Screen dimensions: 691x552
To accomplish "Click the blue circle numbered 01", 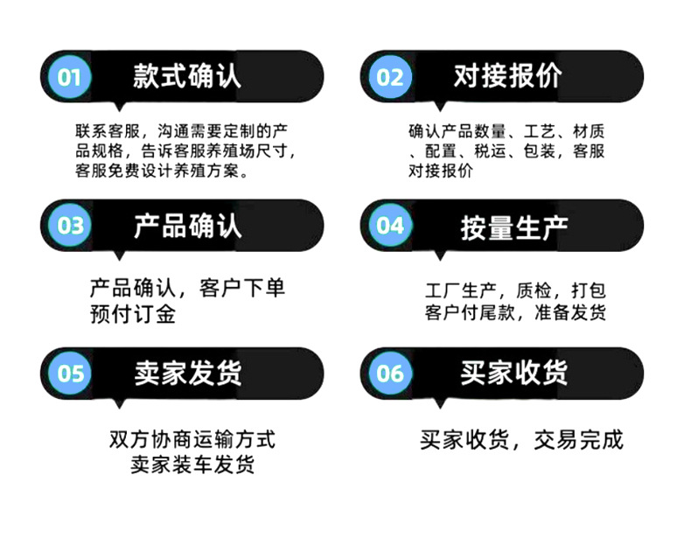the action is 70,77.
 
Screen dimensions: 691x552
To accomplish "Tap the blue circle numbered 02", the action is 390,77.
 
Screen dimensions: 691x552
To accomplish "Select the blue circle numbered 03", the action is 70,226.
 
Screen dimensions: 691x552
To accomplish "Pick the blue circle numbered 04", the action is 390,226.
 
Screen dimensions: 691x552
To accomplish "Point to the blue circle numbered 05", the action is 70,374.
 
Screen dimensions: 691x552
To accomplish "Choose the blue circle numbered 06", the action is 390,374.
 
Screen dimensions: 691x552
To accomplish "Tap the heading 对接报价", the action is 507,76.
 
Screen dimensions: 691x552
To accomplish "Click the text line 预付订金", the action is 133,313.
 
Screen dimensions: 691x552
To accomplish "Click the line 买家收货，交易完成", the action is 521,440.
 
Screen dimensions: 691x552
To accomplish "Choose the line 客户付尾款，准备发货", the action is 516,313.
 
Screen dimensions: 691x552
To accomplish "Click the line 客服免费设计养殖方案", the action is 163,171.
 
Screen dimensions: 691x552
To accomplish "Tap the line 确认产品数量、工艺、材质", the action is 506,131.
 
